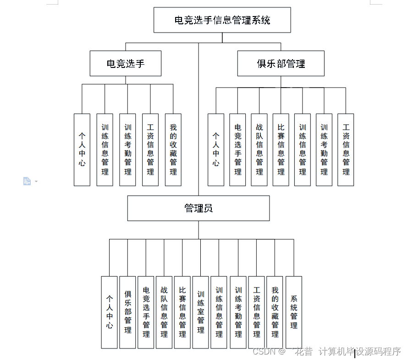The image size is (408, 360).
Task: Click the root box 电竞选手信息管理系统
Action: pos(222,20)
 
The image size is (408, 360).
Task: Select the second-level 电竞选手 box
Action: pos(125,64)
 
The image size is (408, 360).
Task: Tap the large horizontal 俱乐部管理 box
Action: pos(281,64)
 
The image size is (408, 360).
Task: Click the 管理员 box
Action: pos(198,208)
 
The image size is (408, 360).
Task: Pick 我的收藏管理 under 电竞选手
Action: pos(173,150)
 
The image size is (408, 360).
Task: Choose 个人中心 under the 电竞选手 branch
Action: pos(82,150)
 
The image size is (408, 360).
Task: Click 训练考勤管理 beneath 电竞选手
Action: pos(127,150)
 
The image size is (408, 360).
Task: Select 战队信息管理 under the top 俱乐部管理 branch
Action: pos(259,150)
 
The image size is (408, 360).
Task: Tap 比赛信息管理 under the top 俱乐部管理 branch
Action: pos(281,150)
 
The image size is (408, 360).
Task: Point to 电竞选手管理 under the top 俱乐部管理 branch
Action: pos(237,150)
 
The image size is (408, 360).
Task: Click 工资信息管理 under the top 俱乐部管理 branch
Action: pos(346,150)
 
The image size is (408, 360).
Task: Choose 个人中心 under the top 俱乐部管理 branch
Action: pos(216,150)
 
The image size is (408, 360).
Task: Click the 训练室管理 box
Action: pos(201,312)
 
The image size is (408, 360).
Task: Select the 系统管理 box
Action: pos(294,312)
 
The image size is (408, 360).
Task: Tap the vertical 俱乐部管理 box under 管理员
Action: pos(127,312)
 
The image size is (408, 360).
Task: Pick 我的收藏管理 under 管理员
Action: pos(275,312)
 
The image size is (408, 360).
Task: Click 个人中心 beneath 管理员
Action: pos(110,312)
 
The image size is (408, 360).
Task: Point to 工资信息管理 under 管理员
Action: pos(256,312)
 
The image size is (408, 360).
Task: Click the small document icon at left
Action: pos(27,181)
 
